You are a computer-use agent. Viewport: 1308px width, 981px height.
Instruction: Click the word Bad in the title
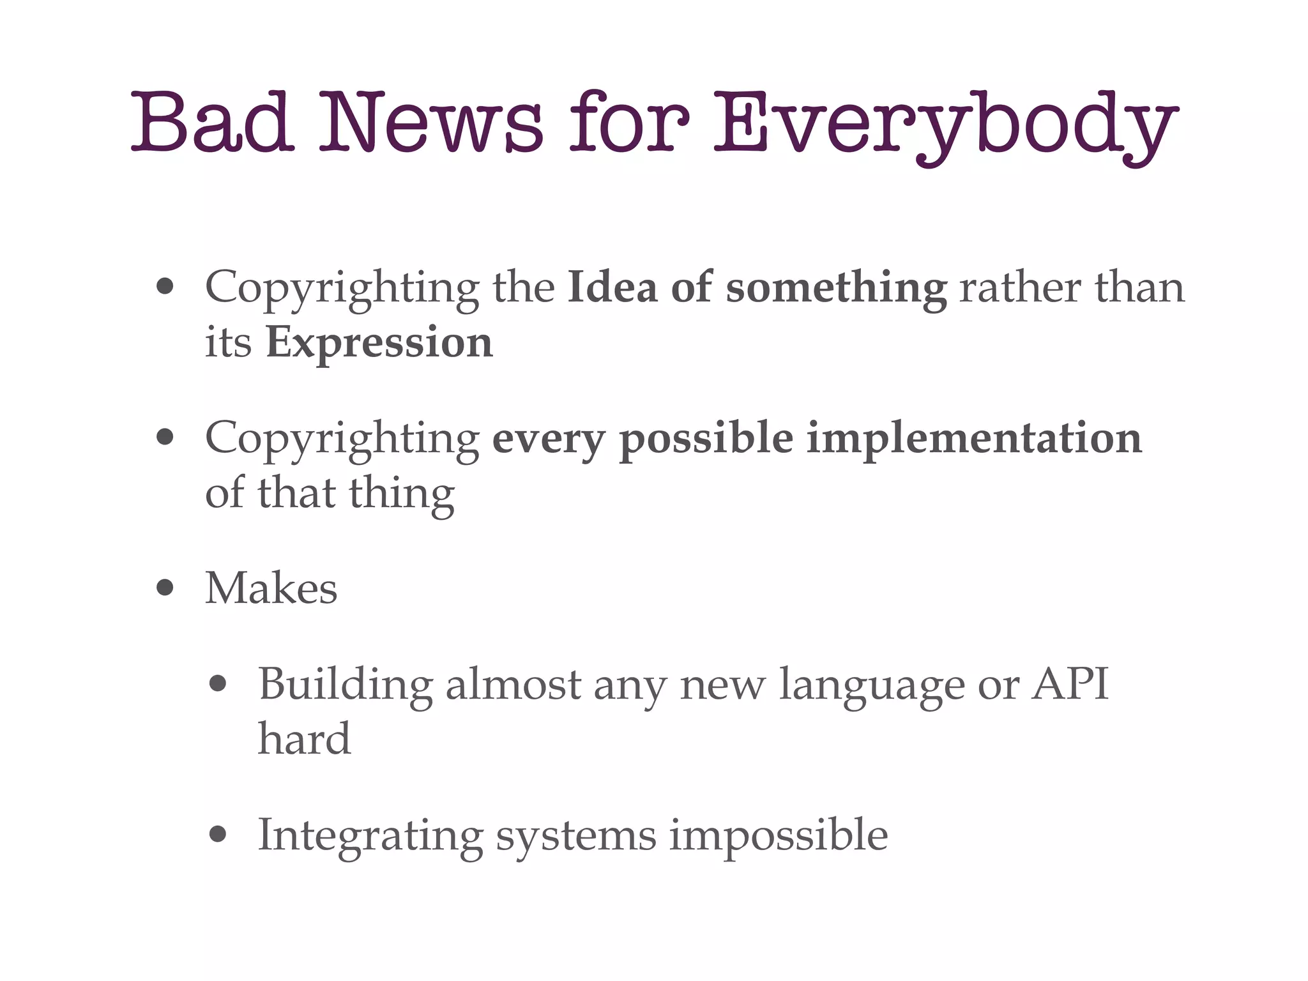click(x=212, y=121)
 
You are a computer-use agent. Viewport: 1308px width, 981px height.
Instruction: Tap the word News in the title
click(x=431, y=121)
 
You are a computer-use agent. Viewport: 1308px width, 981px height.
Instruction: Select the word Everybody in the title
click(x=945, y=125)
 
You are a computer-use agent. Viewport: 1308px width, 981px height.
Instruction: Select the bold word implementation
click(x=973, y=439)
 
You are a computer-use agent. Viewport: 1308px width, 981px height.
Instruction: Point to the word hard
click(x=304, y=739)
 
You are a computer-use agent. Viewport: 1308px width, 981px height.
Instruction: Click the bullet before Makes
click(x=165, y=588)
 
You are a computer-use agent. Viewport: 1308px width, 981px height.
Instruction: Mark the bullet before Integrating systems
click(x=218, y=835)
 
